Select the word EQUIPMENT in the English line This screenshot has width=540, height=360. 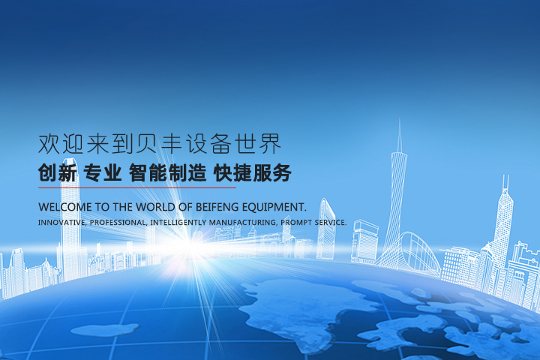(274, 207)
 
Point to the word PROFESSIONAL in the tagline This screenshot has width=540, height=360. (118, 223)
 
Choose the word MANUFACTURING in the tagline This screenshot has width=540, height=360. (243, 223)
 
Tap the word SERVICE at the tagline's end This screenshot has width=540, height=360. (331, 223)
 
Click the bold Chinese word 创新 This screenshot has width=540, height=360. (58, 172)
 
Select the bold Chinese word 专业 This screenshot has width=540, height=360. (103, 172)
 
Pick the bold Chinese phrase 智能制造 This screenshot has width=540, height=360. (168, 172)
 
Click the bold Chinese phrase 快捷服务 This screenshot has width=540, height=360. (253, 172)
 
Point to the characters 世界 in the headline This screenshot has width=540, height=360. (258, 144)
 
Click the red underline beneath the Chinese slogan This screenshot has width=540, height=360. (137, 188)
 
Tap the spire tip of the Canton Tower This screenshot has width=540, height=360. (400, 118)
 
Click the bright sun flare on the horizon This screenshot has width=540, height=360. (189, 246)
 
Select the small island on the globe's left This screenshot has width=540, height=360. (105, 330)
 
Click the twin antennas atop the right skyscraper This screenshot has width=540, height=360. (505, 181)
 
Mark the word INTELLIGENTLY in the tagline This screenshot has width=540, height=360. (178, 223)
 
